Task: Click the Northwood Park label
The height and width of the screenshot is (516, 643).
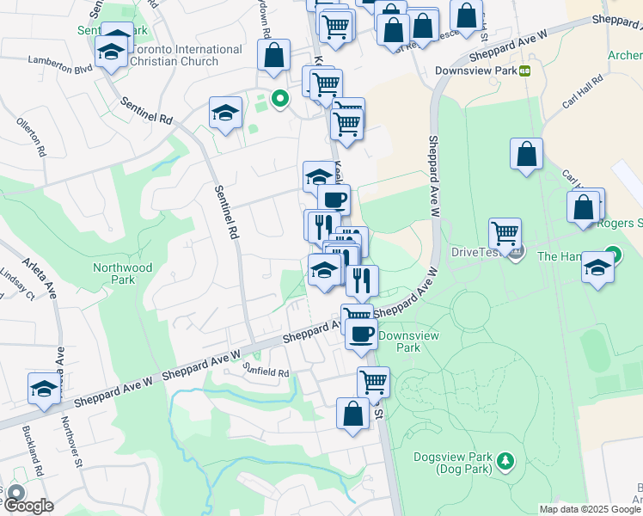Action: [124, 273]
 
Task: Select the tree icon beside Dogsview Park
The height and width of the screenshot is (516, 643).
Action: [506, 463]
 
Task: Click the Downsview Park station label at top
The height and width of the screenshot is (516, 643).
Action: [475, 71]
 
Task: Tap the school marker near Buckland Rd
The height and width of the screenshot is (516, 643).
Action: [44, 389]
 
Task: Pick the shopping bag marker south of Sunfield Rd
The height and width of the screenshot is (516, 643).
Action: [352, 414]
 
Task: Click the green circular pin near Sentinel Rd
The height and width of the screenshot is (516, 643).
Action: [279, 98]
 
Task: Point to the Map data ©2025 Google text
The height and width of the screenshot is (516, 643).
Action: [590, 509]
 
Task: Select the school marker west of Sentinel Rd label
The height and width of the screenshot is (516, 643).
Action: [225, 113]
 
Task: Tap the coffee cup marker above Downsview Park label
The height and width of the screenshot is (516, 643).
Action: [361, 333]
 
